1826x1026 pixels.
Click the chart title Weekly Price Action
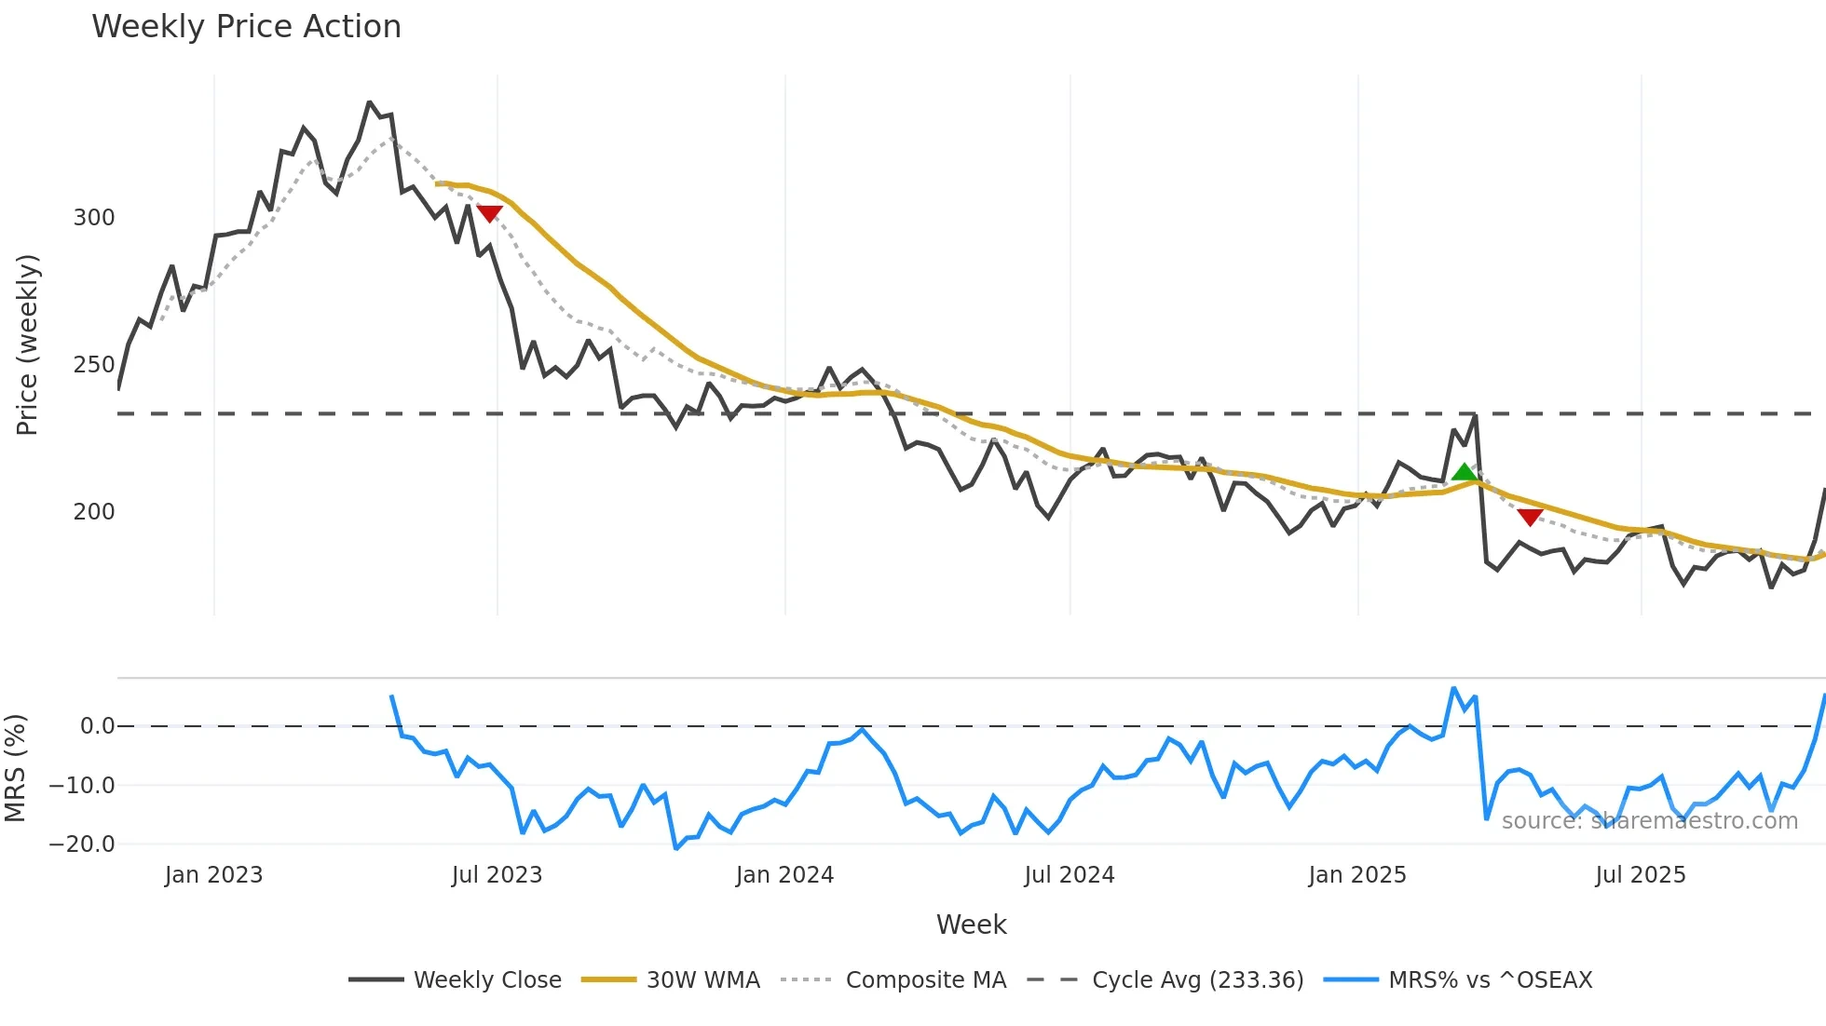246,27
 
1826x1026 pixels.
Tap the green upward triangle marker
1464,473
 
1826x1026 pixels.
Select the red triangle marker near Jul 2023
489,213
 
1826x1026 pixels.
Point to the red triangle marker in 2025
1530,517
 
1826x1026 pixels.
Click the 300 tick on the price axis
94,218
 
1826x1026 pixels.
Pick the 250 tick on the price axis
94,365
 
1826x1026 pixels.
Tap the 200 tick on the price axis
94,512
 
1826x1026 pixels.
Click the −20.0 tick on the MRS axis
82,844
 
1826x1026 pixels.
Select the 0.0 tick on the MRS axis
97,726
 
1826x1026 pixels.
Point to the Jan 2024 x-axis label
784,875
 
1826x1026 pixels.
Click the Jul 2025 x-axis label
1641,875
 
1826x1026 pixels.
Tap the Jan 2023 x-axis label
213,875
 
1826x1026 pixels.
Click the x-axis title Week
971,925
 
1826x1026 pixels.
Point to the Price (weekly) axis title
27,344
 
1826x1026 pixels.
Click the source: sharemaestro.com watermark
1649,821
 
